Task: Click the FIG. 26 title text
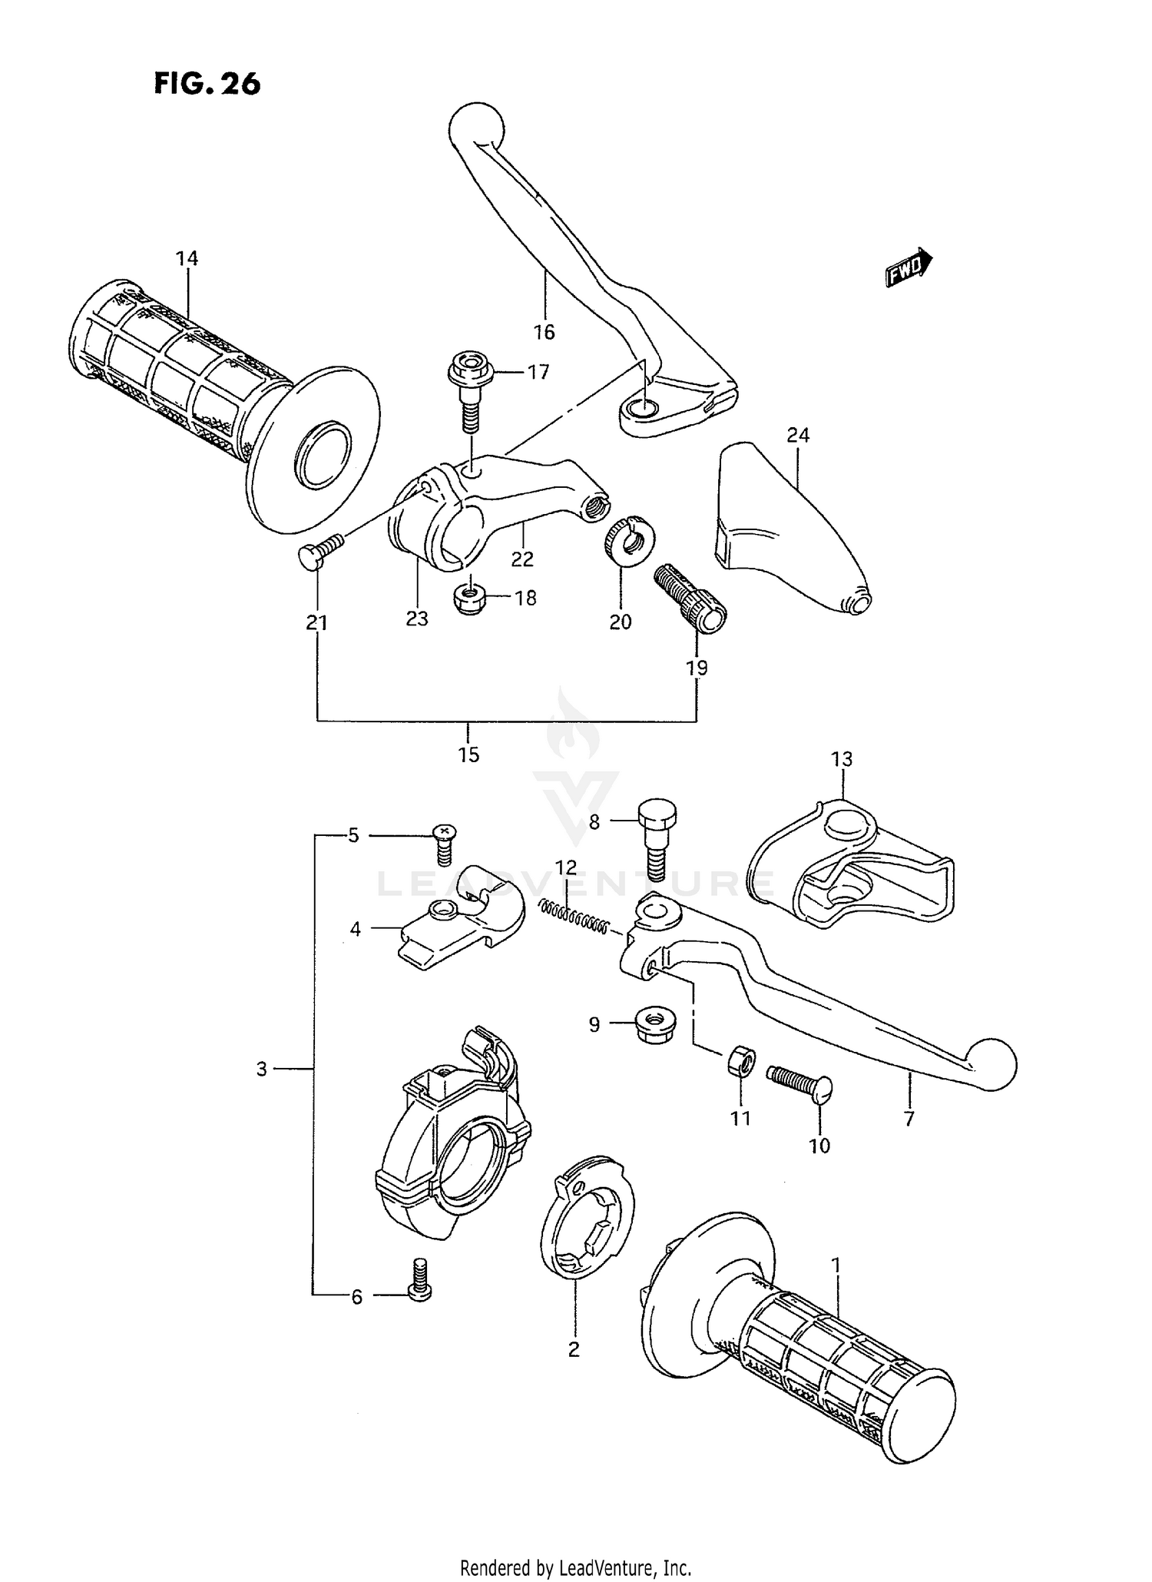207,83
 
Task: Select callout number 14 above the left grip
187,259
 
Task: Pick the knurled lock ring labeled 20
627,539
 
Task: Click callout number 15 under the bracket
468,755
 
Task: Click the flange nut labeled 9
651,1025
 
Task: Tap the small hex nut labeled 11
740,1061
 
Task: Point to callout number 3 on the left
261,1069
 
